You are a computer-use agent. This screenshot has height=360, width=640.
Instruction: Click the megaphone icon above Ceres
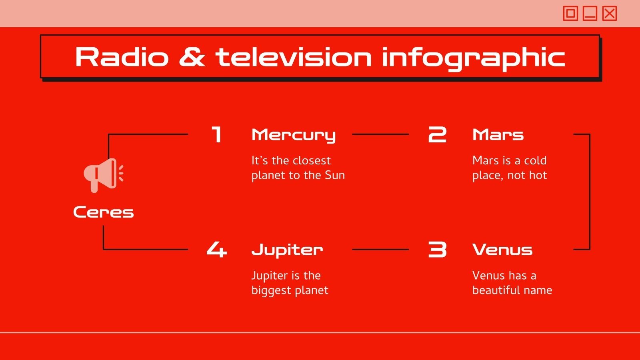coord(103,175)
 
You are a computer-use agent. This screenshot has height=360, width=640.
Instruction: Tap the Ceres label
coord(103,212)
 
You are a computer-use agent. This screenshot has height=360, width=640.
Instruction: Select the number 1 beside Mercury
coord(216,135)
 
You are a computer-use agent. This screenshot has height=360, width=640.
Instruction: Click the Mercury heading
coord(293,135)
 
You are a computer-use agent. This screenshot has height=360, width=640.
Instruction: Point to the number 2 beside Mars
coord(437,135)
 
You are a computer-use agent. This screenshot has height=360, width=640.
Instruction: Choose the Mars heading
coord(498,135)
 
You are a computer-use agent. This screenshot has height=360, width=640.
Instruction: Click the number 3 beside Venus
coord(437,250)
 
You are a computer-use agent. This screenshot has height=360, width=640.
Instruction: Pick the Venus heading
coord(502,250)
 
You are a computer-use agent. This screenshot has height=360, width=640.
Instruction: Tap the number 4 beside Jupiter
coord(216,250)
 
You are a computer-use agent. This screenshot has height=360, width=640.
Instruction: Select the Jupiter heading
coord(287,250)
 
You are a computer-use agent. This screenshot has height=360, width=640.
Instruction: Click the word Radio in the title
coord(122,57)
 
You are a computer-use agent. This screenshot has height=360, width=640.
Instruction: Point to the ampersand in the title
coord(192,57)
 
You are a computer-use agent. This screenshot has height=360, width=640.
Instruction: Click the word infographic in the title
coord(473,58)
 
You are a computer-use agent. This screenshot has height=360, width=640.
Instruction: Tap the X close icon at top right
coord(609,14)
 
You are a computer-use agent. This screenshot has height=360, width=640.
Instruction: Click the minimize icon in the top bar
coord(590,14)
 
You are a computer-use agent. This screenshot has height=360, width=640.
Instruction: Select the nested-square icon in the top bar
coord(570,14)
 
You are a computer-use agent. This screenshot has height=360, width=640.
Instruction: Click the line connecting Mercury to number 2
coord(380,134)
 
